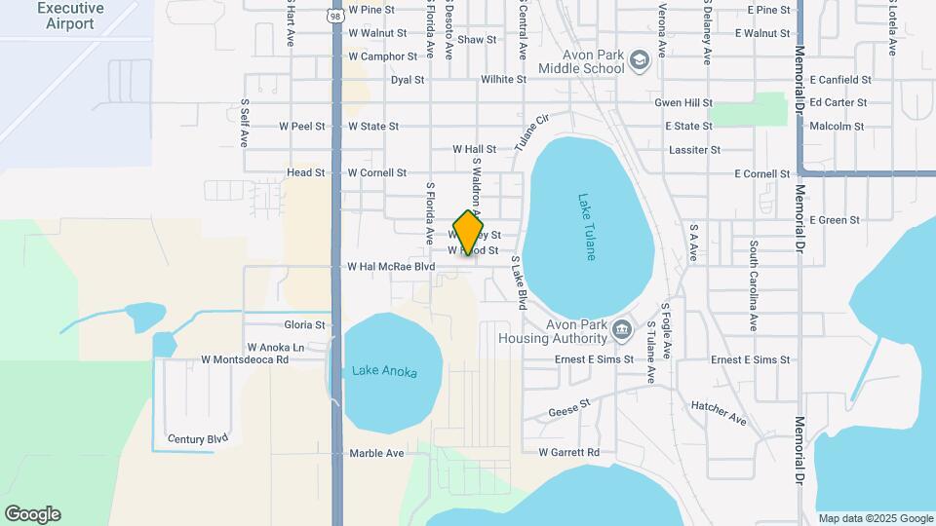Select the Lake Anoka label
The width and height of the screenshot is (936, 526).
point(384,372)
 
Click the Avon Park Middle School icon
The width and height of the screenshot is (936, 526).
point(640,61)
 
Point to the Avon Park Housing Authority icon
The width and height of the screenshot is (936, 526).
point(621,331)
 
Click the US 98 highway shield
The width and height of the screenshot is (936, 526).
point(335,16)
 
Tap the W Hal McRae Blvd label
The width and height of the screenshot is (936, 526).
point(391,266)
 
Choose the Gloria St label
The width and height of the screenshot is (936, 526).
point(304,324)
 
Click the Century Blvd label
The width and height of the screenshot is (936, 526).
point(197,439)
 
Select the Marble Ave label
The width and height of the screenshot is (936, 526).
point(376,453)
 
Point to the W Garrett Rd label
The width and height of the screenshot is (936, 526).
point(568,453)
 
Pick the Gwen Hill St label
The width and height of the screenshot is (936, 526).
point(683,102)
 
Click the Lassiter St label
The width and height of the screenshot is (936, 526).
point(694,150)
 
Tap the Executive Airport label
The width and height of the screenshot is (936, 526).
point(69,16)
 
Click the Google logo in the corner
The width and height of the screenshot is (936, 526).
point(31,514)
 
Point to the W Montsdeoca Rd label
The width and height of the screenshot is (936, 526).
point(245,359)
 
